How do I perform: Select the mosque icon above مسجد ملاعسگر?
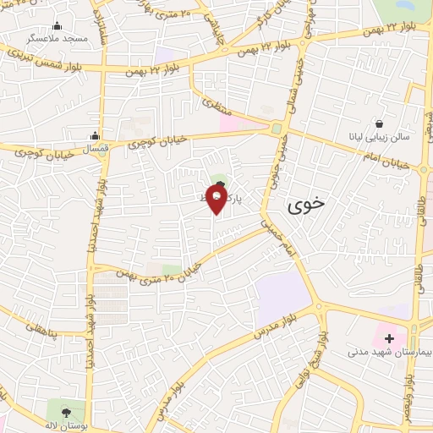point(58,26)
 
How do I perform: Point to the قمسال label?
point(95,148)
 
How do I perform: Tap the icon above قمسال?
point(95,135)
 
